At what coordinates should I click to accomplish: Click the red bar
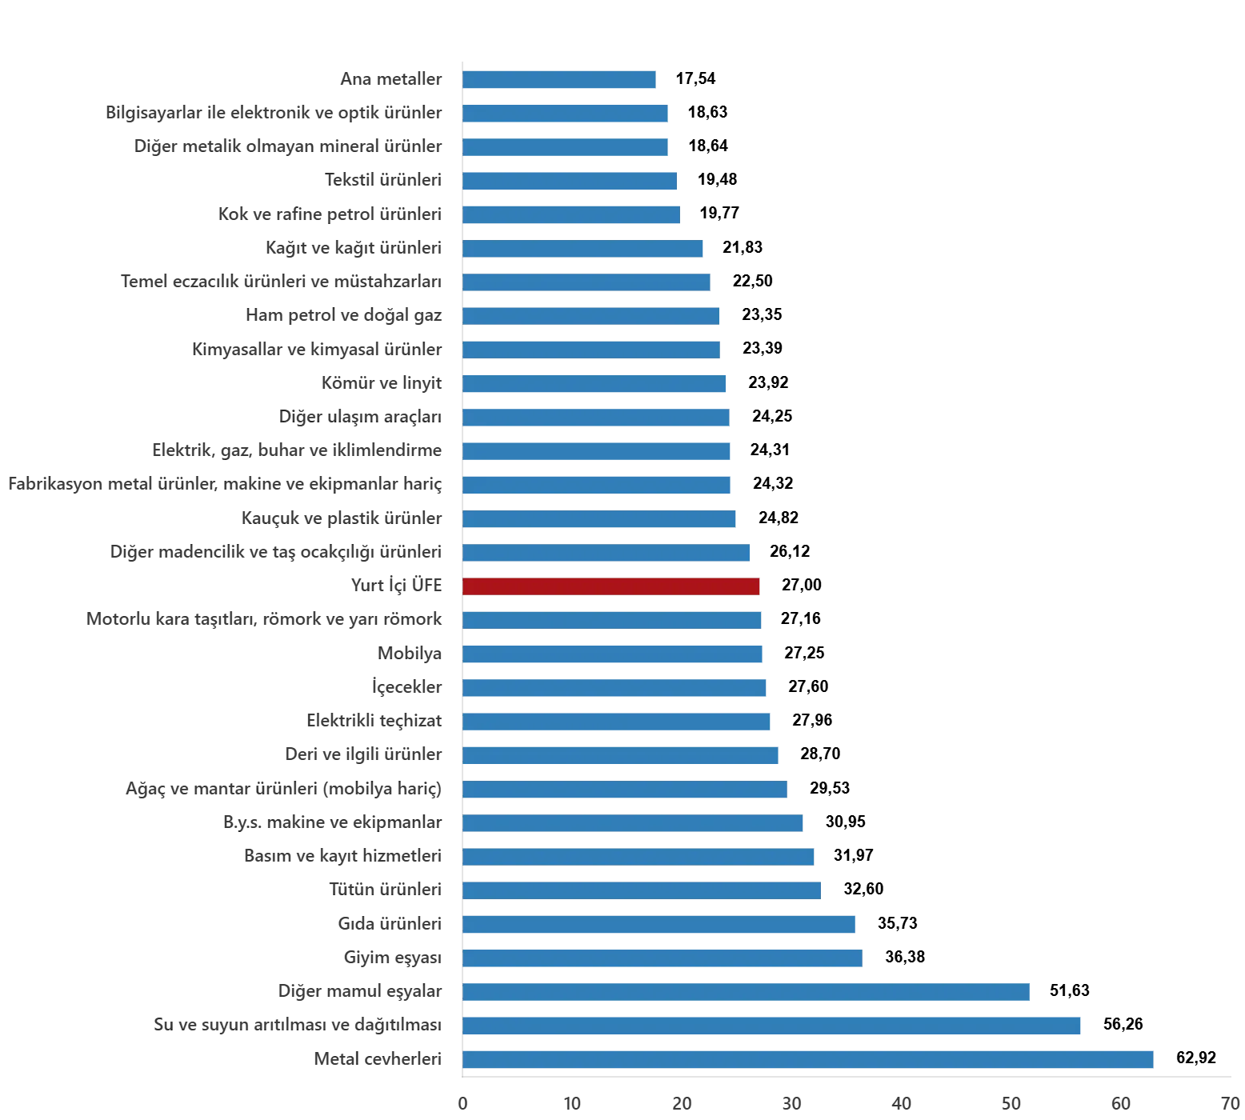click(611, 586)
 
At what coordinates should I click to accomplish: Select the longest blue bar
click(809, 1059)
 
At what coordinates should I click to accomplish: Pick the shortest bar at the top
click(560, 80)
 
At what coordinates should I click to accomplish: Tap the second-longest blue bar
click(771, 1025)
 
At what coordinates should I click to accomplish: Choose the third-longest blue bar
click(746, 992)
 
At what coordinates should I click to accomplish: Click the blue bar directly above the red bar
click(608, 553)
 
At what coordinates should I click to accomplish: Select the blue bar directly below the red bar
click(611, 620)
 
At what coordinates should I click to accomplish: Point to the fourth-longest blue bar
click(663, 958)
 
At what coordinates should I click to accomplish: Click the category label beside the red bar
click(398, 586)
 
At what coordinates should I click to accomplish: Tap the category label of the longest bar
click(378, 1060)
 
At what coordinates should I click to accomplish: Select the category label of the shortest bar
click(391, 80)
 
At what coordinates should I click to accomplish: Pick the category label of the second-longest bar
click(297, 1025)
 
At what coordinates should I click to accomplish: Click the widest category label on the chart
click(224, 485)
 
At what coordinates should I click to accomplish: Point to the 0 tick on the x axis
click(462, 1105)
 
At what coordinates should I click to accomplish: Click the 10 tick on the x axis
click(572, 1105)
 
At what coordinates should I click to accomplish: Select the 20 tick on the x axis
click(683, 1105)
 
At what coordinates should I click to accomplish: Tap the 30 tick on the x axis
click(793, 1105)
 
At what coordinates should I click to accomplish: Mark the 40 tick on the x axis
click(903, 1105)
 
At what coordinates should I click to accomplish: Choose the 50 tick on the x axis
click(1014, 1105)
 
